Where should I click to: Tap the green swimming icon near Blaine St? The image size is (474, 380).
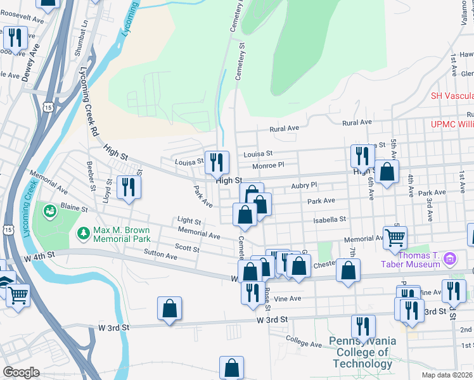pos(48,210)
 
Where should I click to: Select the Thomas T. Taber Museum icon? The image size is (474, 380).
pos(449,258)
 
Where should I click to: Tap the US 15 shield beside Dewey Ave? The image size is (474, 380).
pos(48,108)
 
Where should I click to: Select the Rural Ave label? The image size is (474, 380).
pos(355,123)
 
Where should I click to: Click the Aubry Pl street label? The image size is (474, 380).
pos(304,185)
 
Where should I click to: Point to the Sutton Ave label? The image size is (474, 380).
pos(160,255)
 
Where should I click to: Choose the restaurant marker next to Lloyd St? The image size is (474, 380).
pos(129,187)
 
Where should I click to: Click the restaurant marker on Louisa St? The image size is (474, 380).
pos(217,163)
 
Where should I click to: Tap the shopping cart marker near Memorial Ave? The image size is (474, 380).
pos(395,238)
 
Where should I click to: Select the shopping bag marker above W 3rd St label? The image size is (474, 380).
pos(169,309)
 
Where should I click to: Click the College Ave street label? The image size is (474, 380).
pos(304,343)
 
